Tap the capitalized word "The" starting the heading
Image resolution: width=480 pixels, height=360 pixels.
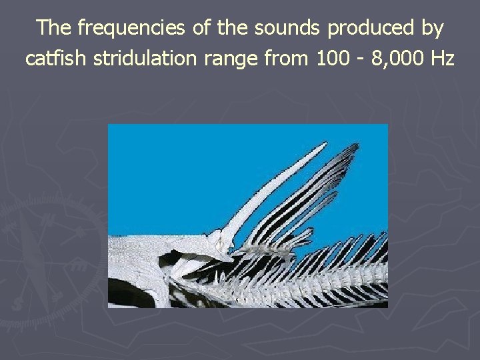[53, 28]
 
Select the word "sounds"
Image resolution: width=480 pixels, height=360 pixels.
[291, 28]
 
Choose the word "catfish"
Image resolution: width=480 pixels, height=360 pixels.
[56, 58]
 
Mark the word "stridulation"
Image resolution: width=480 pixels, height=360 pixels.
[142, 58]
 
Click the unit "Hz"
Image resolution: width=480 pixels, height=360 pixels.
[443, 58]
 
